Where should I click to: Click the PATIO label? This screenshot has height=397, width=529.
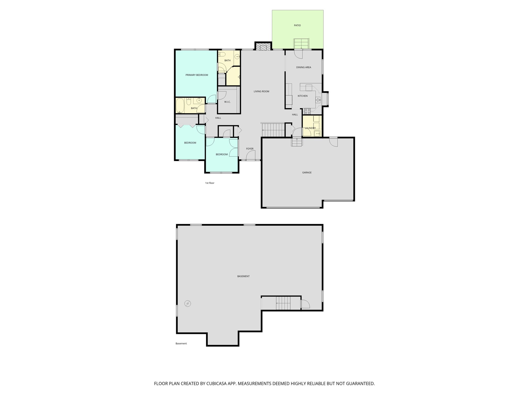pyautogui.click(x=297, y=26)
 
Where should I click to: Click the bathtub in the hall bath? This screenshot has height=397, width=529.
pyautogui.click(x=180, y=106)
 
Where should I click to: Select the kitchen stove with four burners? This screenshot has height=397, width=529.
pyautogui.click(x=307, y=111)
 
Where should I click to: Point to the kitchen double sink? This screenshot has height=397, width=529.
pyautogui.click(x=318, y=100)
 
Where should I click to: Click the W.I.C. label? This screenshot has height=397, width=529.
pyautogui.click(x=227, y=102)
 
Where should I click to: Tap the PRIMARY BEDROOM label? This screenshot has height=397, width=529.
pyautogui.click(x=197, y=75)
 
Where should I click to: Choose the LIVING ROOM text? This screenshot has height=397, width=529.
pyautogui.click(x=261, y=91)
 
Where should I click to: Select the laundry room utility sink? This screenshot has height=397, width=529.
pyautogui.click(x=317, y=133)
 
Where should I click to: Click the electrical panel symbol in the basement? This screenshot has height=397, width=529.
pyautogui.click(x=188, y=303)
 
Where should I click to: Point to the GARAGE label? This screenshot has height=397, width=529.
pyautogui.click(x=307, y=172)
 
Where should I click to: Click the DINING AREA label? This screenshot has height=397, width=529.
pyautogui.click(x=304, y=67)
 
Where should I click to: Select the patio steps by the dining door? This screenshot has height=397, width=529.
pyautogui.click(x=301, y=43)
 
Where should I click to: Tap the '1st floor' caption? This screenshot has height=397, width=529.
pyautogui.click(x=210, y=183)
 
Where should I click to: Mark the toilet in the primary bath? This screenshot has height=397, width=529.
pyautogui.click(x=222, y=54)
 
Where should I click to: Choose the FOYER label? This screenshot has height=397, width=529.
pyautogui.click(x=250, y=149)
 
